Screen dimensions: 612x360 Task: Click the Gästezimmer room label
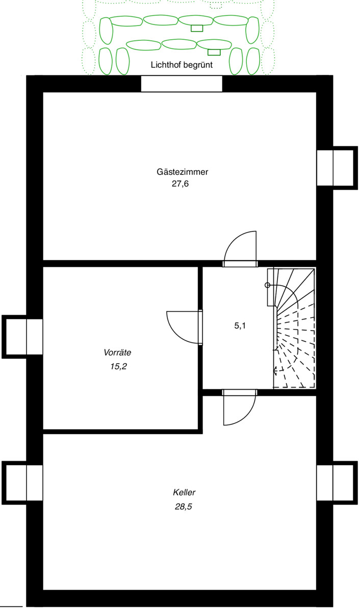182,172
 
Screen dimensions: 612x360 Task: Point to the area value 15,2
118,366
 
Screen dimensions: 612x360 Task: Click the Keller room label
184,493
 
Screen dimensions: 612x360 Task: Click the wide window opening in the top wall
182,84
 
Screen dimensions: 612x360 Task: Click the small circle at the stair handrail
268,286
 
